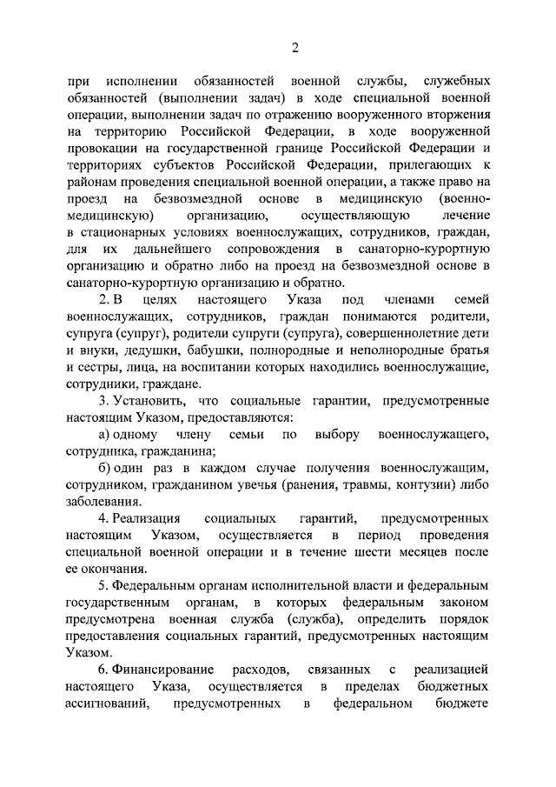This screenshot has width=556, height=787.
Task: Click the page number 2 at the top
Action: pos(295,45)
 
